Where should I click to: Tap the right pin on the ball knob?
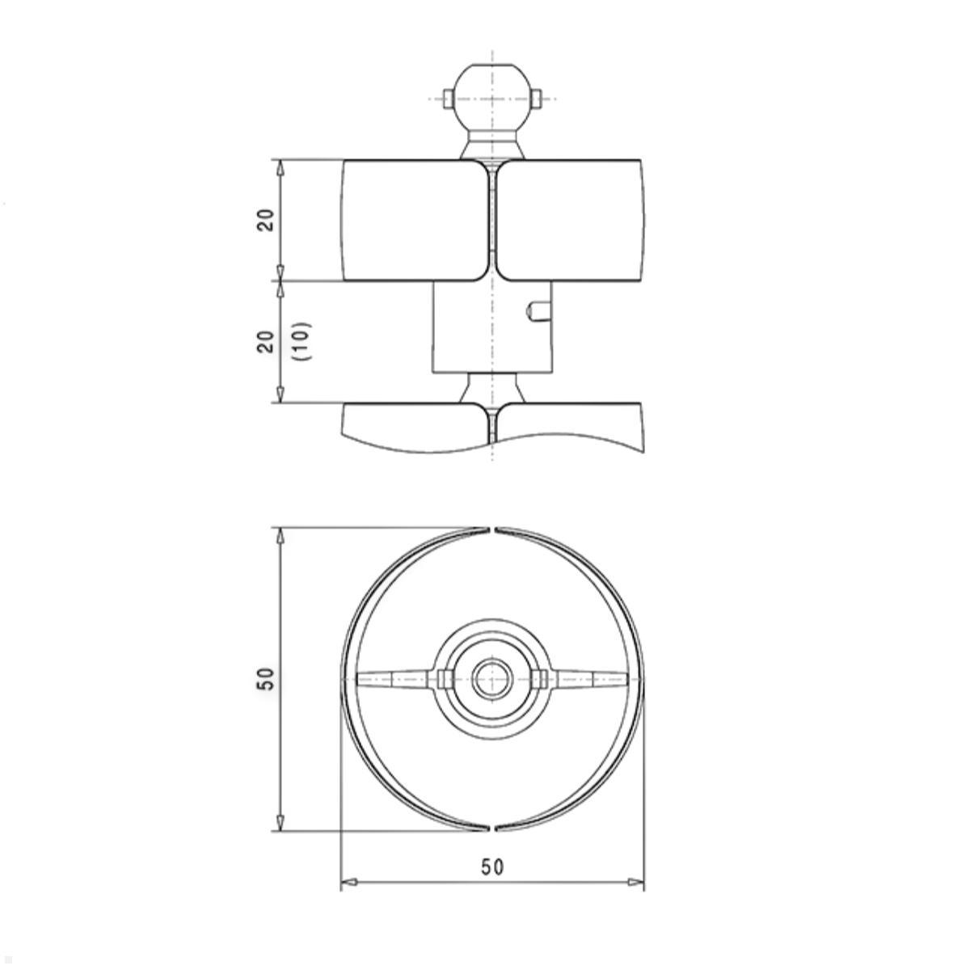coord(536,98)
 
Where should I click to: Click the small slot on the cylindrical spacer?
coord(538,310)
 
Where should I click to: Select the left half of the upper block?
coord(415,220)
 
